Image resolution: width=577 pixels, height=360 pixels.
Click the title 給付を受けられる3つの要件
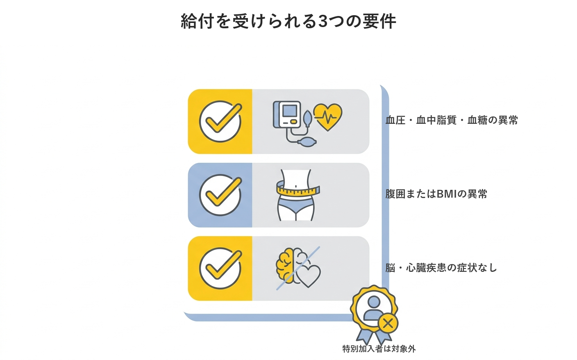[288, 21]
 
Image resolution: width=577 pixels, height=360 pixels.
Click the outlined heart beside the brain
[308, 276]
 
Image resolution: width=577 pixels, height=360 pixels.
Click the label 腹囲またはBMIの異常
[436, 194]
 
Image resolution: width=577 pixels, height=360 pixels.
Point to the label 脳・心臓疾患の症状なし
[441, 268]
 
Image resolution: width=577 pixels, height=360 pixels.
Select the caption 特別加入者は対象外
[379, 349]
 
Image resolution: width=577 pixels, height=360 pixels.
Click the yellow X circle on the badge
[388, 323]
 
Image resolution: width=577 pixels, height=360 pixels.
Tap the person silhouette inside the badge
[373, 308]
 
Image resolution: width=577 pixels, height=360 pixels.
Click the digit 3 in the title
[323, 21]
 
